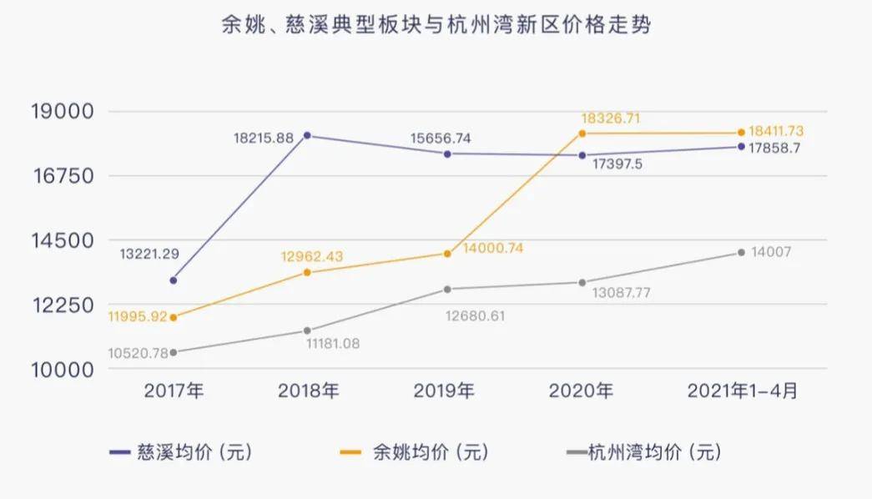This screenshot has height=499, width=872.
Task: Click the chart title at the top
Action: click(x=436, y=25)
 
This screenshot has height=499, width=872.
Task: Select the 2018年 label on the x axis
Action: click(x=307, y=391)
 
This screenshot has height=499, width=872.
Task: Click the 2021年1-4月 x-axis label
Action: click(x=741, y=391)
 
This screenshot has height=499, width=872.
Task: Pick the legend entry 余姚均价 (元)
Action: click(x=416, y=453)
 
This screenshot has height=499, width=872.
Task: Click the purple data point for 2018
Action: click(x=307, y=135)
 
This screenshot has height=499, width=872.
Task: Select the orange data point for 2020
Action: click(x=582, y=134)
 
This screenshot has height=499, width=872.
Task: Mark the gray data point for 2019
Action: click(x=447, y=290)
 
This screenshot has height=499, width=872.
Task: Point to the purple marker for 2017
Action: click(x=173, y=280)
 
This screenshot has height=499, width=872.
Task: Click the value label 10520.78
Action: click(x=138, y=353)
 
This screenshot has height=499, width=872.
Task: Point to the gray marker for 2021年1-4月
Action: click(x=741, y=252)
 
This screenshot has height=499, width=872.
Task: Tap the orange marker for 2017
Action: click(x=173, y=318)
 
